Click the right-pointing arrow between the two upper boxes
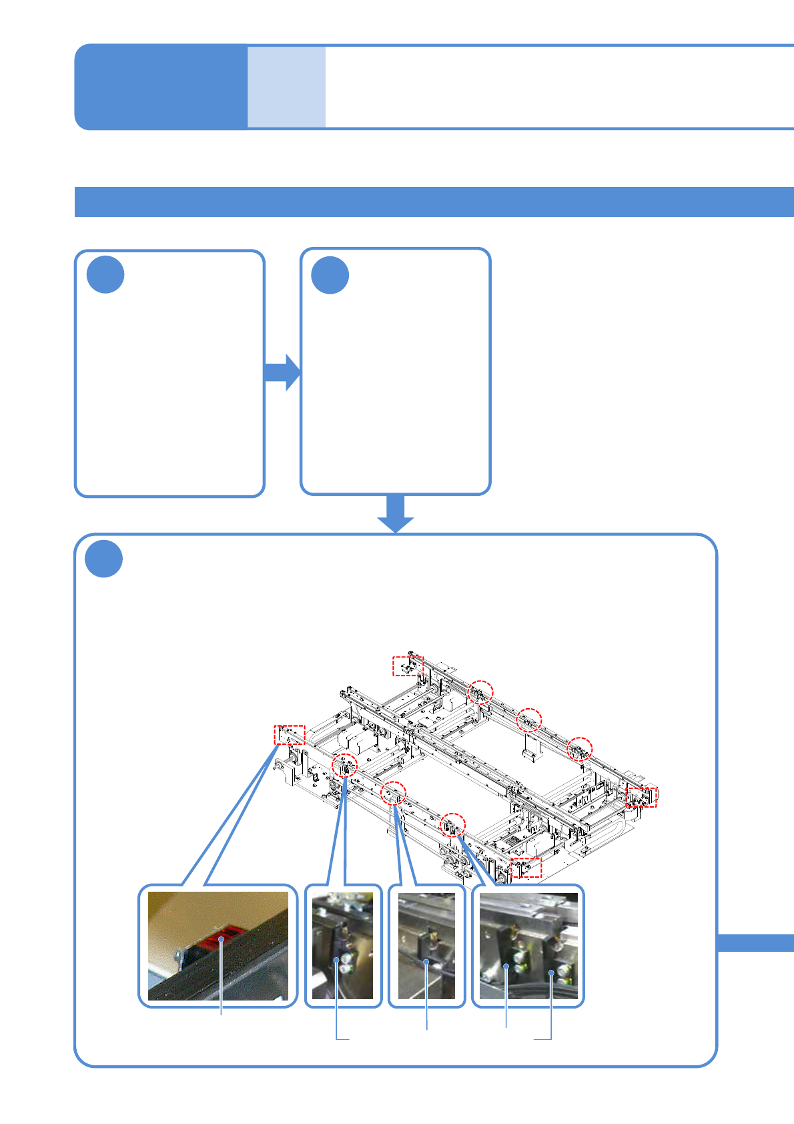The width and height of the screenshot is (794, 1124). click(283, 372)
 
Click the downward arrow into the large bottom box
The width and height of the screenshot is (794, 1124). click(396, 514)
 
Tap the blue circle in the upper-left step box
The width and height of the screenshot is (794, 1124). click(105, 274)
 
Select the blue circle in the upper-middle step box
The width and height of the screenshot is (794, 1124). click(330, 275)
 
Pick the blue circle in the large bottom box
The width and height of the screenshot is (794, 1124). click(104, 559)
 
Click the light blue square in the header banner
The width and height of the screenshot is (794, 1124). click(286, 87)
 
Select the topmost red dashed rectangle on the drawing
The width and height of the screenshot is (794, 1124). click(408, 665)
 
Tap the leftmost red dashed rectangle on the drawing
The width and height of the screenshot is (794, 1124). click(290, 734)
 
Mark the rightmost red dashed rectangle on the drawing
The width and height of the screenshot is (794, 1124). click(641, 796)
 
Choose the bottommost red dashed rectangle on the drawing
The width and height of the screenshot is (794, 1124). click(526, 868)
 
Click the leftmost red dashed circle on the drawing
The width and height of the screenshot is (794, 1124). click(345, 765)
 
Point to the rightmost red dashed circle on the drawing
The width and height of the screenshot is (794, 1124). click(580, 749)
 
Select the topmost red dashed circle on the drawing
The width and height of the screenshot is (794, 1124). click(480, 693)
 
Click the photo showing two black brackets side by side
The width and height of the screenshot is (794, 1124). click(528, 946)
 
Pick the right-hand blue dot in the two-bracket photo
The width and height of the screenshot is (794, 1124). click(551, 973)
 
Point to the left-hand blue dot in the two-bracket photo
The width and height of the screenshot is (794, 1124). click(507, 966)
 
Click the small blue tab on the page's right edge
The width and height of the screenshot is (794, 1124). click(755, 942)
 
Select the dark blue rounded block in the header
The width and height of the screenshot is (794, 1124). click(161, 87)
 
